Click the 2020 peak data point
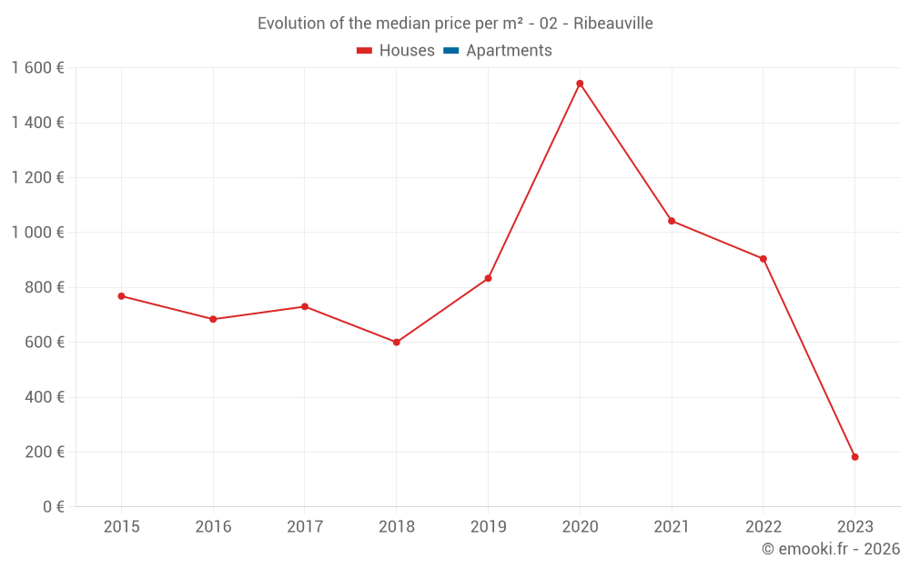[580, 84]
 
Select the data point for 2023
[854, 457]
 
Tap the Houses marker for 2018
[396, 343]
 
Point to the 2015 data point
[121, 296]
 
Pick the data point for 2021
[672, 221]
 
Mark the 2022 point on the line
[763, 259]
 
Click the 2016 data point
[213, 319]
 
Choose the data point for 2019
[488, 278]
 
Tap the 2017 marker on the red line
[305, 306]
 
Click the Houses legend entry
[396, 51]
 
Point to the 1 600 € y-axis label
[37, 68]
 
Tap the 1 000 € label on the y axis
[37, 233]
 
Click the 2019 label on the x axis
[488, 527]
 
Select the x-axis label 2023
[854, 527]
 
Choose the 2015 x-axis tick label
[121, 527]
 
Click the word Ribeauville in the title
[613, 24]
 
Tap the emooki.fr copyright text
[831, 549]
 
